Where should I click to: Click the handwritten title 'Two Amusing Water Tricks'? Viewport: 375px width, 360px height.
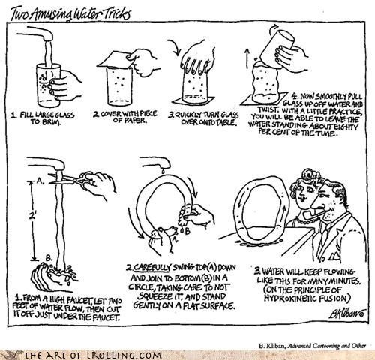[x=70, y=14]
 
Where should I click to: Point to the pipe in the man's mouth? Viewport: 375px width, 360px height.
[x=310, y=217]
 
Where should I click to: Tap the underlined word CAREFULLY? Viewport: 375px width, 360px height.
[x=152, y=267]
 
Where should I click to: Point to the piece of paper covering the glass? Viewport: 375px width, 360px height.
[x=118, y=61]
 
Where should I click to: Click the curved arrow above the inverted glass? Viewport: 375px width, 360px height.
[x=175, y=46]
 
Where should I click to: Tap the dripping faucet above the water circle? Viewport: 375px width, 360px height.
[x=157, y=163]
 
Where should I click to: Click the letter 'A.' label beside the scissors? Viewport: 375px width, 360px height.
[x=40, y=181]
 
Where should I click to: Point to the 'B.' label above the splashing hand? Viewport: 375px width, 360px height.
[x=49, y=257]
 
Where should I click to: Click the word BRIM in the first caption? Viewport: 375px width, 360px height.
[x=49, y=123]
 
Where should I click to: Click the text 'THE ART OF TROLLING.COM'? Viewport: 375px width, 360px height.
[x=92, y=355]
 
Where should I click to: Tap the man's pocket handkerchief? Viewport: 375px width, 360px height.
[x=335, y=256]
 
